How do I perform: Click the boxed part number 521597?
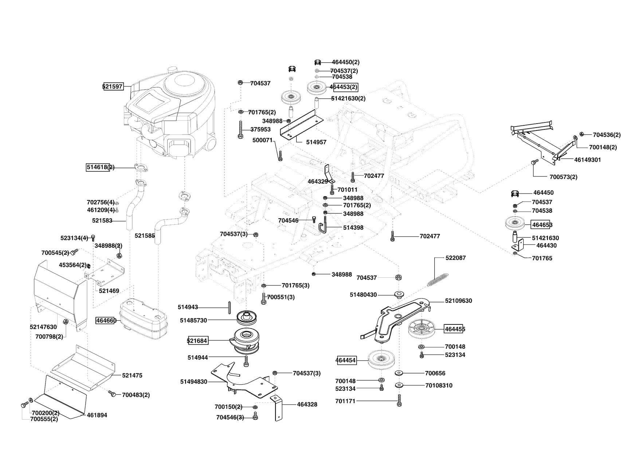[x=113, y=87]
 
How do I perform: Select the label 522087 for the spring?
[x=455, y=258]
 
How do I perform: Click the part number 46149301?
[x=588, y=160]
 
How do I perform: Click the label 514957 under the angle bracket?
[x=316, y=142]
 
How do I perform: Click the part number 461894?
[x=97, y=415]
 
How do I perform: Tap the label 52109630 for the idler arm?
[x=458, y=301]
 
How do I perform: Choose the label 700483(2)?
[x=136, y=395]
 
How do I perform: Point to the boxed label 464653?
[x=542, y=225]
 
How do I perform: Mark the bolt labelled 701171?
[x=400, y=401]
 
